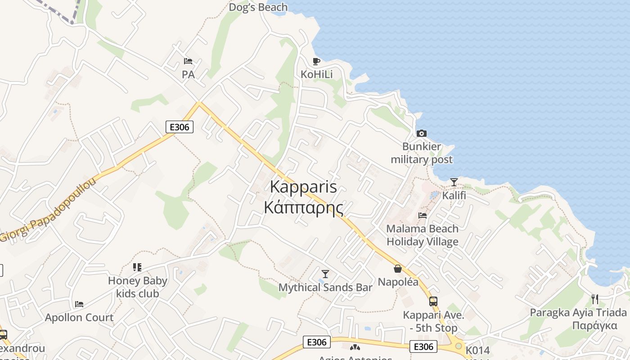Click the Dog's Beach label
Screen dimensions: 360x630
point(258,7)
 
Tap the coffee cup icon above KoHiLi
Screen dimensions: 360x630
point(316,61)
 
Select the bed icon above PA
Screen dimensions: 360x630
point(188,61)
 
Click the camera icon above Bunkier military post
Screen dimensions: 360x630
point(422,133)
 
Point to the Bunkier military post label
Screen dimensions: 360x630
point(422,153)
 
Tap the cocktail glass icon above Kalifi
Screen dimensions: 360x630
point(454,182)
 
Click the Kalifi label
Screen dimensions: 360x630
point(454,196)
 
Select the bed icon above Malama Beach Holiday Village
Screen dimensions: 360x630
point(423,215)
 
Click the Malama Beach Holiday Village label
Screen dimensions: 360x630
point(423,235)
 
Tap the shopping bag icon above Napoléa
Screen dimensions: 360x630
point(398,269)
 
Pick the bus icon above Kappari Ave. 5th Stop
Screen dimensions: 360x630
point(433,301)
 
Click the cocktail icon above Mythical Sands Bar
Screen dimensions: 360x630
point(325,274)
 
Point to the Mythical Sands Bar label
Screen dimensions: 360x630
point(325,288)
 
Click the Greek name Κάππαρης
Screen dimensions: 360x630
point(303,207)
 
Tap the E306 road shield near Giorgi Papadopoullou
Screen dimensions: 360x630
point(180,127)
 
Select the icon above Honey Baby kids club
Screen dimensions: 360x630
point(137,267)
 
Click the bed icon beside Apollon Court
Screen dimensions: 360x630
point(79,304)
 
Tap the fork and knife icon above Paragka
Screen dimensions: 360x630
point(595,299)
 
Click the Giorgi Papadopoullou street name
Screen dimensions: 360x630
point(49,210)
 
